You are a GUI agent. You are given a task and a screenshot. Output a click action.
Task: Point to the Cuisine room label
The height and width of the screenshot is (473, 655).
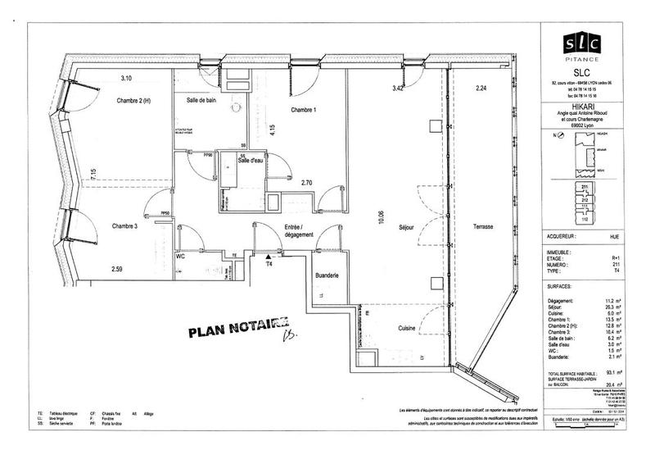click(407, 329)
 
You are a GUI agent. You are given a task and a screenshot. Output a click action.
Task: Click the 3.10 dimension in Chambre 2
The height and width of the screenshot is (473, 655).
click(126, 78)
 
